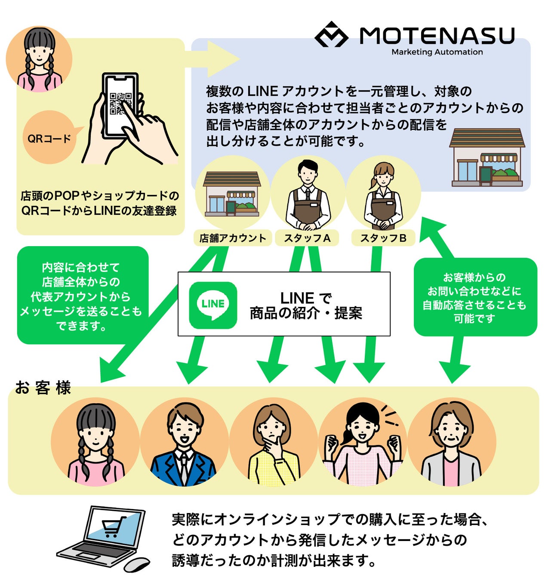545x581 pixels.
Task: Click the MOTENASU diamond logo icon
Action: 331,35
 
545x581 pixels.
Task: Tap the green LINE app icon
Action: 213,305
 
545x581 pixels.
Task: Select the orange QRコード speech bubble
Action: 50,138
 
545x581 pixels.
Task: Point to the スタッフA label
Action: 307,238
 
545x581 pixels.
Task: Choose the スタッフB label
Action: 383,238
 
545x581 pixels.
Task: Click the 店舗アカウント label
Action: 233,238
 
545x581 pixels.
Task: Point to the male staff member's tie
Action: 308,194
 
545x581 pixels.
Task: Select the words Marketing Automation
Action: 437,52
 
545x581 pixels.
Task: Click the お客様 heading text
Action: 43,387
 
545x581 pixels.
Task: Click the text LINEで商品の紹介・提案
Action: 306,305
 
